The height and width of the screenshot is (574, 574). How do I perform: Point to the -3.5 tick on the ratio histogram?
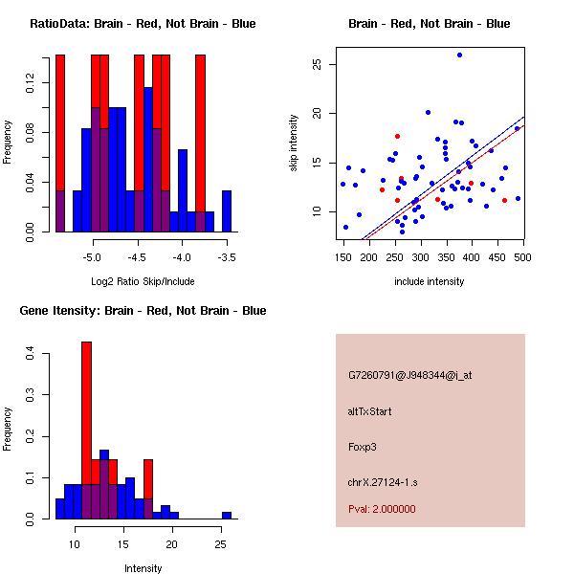(x=227, y=257)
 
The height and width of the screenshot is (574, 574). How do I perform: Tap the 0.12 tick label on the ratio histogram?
(x=31, y=84)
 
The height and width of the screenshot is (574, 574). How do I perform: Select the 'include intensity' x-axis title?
(x=429, y=282)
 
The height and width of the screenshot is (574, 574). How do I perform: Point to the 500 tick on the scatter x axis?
(x=522, y=257)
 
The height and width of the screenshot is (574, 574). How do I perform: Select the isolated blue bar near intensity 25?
(x=227, y=515)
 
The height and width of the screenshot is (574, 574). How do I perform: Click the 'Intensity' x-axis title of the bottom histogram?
(x=143, y=568)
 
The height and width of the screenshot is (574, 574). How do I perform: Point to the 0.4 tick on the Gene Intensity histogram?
(x=31, y=354)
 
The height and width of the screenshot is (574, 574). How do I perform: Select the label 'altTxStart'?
(x=369, y=411)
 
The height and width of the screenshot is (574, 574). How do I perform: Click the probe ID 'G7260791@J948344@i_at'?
(x=409, y=376)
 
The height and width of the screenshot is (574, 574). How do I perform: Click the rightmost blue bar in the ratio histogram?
(x=227, y=210)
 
